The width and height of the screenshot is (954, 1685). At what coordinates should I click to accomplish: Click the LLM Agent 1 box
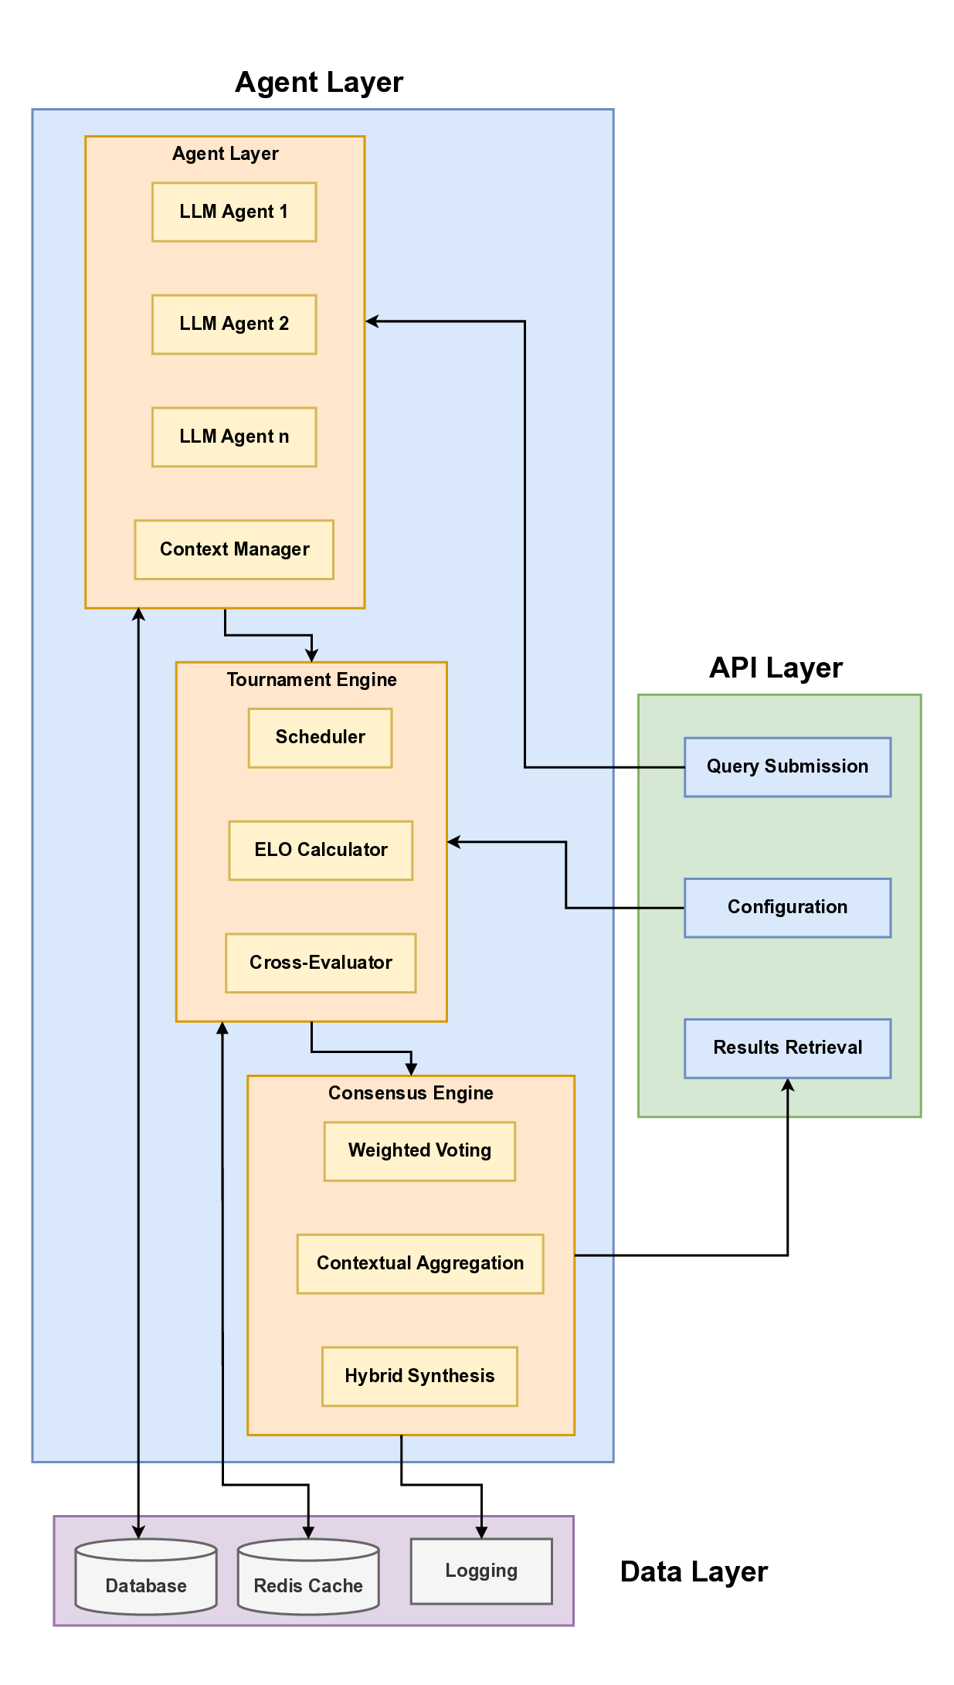point(234,212)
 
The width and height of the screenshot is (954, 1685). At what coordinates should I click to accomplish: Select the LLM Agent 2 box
point(234,324)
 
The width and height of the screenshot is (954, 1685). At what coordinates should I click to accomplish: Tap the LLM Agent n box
point(234,437)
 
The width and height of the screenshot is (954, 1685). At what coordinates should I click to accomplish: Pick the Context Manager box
point(234,549)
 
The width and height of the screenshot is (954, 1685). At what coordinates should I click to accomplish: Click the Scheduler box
point(320,738)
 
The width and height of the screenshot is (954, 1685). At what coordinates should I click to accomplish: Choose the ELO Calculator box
point(321,851)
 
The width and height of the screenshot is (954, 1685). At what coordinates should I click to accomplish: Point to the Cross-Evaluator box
point(321,963)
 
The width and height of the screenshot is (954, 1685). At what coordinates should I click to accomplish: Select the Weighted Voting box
point(419,1151)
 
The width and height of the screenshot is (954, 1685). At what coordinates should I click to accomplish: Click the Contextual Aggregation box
point(420,1264)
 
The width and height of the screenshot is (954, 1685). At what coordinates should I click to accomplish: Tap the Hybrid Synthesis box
point(419,1377)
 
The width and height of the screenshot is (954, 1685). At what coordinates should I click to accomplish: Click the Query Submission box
point(787,767)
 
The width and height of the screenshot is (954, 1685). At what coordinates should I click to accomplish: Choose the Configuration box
point(787,908)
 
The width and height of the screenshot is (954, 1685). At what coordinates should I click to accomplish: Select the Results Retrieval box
point(787,1048)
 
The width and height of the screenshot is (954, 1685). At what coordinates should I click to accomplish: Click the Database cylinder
point(146,1580)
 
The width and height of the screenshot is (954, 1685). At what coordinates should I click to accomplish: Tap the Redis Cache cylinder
point(308,1580)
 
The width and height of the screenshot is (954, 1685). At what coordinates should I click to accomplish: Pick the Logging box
point(481,1571)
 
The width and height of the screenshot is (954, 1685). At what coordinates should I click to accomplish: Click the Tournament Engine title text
point(311,680)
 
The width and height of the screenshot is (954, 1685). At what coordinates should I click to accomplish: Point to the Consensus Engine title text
point(410,1093)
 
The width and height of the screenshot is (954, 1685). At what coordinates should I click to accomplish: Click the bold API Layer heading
point(776,668)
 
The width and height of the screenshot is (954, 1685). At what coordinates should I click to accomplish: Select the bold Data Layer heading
point(694,1572)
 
